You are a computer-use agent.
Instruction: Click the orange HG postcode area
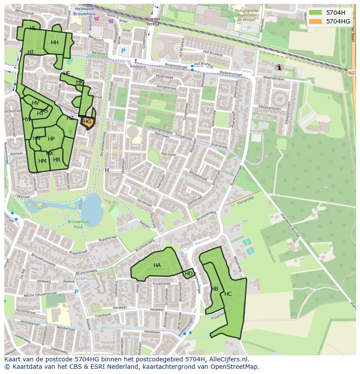[87, 122]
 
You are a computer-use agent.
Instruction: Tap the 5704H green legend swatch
[316, 13]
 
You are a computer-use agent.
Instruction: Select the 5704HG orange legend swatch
[316, 21]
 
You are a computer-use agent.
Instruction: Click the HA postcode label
[157, 265]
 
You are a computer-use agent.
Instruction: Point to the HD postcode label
[189, 274]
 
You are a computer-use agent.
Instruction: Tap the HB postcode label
[214, 289]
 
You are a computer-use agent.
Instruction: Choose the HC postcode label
[228, 294]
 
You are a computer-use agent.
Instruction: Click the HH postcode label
[54, 43]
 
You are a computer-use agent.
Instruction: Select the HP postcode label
[51, 139]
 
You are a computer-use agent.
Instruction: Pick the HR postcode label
[57, 160]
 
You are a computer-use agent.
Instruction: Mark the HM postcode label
[42, 161]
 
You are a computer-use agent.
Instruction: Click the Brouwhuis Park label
[78, 224]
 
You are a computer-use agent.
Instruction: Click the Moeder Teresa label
[153, 22]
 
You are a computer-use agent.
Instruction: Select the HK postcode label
[80, 82]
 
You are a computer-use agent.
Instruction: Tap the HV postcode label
[35, 103]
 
